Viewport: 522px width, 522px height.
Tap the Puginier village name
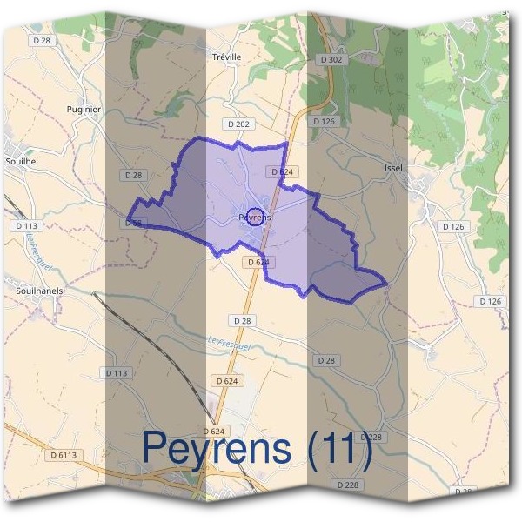(84, 110)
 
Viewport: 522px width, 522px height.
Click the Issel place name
(392, 167)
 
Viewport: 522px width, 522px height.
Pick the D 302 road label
(331, 59)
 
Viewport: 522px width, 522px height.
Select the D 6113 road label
(64, 454)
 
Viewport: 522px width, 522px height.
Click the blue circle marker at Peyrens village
(255, 217)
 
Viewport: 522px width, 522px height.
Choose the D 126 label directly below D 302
(323, 121)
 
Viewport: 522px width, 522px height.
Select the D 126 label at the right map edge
(491, 301)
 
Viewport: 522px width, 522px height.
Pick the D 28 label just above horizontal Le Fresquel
(242, 321)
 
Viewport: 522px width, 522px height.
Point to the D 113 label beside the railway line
(117, 372)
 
